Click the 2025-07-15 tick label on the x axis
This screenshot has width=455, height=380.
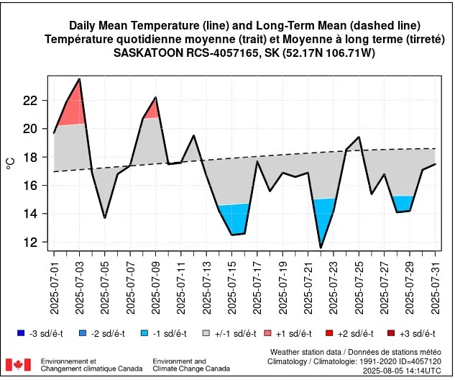point(232,284)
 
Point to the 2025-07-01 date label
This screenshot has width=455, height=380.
point(54,284)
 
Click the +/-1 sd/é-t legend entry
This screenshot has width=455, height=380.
point(226,333)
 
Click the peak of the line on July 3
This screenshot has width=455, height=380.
point(79,79)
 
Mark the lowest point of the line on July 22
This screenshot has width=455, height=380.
point(321,248)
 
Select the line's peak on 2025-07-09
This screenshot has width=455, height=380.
point(155,97)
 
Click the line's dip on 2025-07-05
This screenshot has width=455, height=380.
point(105,217)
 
